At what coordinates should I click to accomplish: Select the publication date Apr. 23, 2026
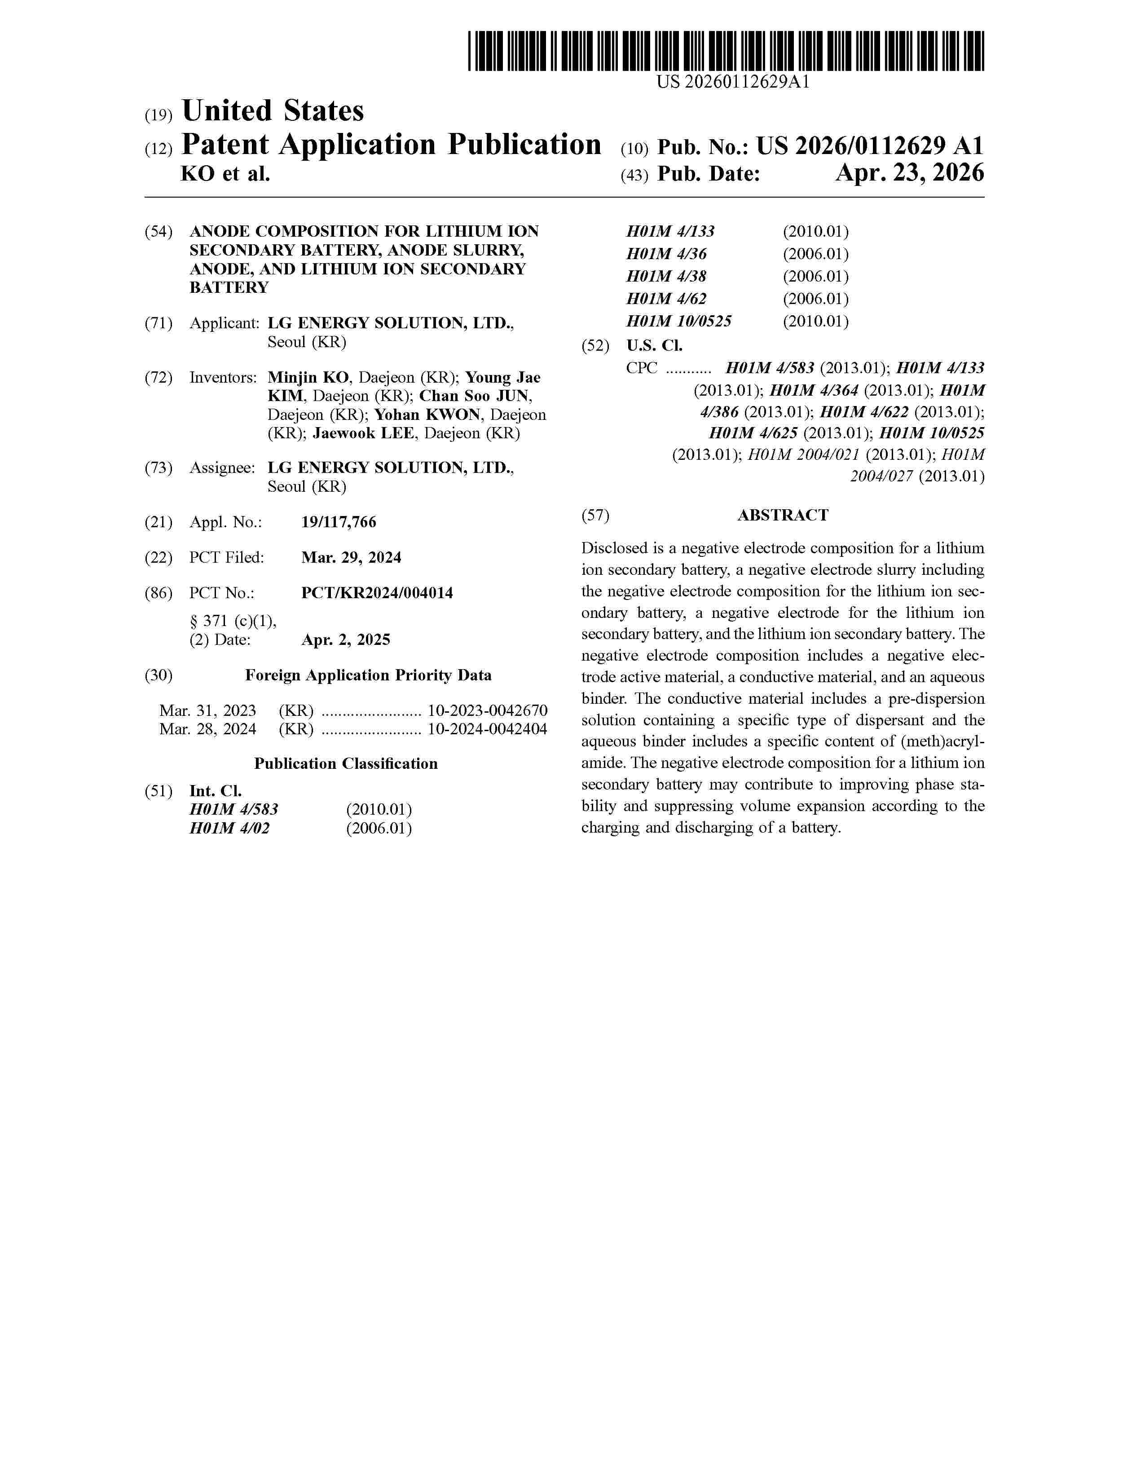click(x=909, y=174)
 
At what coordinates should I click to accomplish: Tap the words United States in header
click(x=273, y=110)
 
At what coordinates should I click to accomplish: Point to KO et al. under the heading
click(x=225, y=174)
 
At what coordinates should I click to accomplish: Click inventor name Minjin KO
click(x=308, y=377)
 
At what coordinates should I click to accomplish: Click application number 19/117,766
click(x=339, y=522)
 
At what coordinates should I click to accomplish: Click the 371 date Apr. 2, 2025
click(x=345, y=640)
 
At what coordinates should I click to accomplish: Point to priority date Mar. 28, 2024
click(x=207, y=729)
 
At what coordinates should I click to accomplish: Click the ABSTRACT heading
click(x=782, y=515)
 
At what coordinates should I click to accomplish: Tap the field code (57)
click(x=595, y=515)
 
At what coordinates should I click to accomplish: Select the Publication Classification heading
click(x=346, y=763)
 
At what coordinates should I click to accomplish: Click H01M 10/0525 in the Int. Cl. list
click(x=678, y=321)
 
